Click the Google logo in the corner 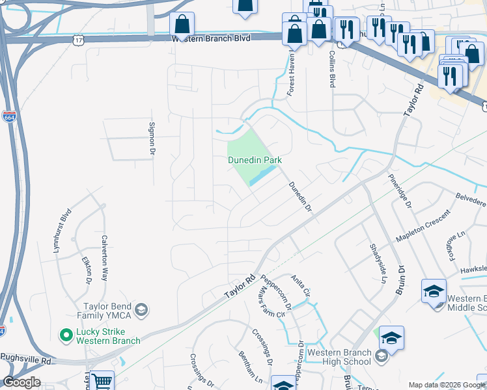(21, 382)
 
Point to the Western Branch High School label (339, 357)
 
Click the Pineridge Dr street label (400, 191)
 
